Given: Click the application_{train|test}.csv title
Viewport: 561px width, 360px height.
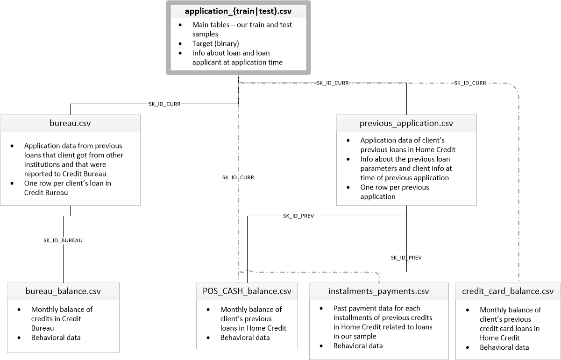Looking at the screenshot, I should coord(238,11).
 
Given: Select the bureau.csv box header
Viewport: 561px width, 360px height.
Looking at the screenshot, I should coord(70,124).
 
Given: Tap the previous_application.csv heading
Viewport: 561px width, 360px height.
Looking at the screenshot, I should coord(406,124).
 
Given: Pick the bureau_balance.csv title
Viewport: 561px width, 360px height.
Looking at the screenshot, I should coord(63,292).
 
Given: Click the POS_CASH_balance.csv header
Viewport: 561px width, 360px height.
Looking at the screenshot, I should coord(247,291).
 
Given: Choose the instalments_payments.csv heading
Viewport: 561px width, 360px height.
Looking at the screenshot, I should coord(378,291).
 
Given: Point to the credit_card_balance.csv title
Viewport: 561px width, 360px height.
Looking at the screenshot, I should coord(508,291).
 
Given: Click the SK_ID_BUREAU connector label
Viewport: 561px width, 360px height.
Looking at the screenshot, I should coord(63,240).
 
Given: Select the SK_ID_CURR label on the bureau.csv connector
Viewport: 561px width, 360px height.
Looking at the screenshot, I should coord(164,104).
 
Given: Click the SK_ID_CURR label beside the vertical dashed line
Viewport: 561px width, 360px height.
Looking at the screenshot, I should coord(238,177).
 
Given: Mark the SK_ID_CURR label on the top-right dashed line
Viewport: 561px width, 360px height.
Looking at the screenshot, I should coord(470,83).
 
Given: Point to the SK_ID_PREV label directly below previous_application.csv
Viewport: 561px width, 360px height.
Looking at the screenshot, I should coord(406,257).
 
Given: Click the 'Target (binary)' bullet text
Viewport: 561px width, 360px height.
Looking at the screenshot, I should coord(216,43).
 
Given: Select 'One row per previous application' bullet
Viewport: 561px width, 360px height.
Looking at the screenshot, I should coord(394,192).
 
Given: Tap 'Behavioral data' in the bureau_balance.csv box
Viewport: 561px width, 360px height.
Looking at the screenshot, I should coord(56,337).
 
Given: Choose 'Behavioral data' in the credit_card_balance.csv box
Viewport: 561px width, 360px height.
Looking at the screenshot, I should coord(504,347).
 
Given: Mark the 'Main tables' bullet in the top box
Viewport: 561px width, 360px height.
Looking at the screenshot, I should coord(242,29).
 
